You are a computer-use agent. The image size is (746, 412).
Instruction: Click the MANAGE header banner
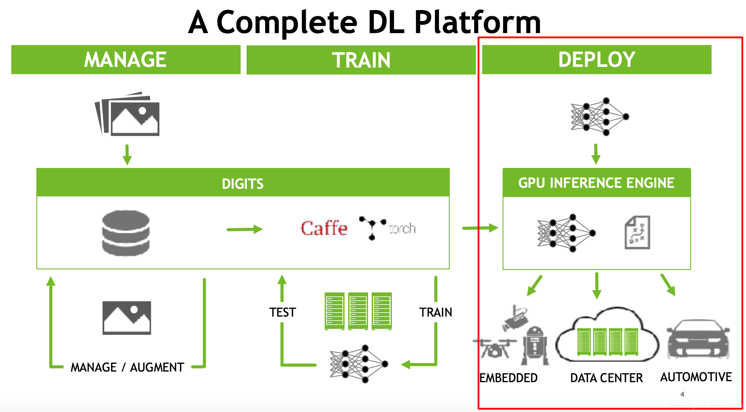click(126, 60)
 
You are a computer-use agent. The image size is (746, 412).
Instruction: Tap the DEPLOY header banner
click(596, 60)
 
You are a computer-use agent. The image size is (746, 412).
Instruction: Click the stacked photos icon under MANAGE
click(127, 114)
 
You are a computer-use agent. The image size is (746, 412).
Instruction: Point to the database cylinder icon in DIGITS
click(126, 233)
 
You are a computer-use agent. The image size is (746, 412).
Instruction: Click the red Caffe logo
click(324, 229)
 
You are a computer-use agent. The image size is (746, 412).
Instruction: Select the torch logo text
click(402, 229)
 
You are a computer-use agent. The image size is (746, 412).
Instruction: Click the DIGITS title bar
click(243, 183)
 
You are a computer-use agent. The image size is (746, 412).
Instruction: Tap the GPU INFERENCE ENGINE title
click(596, 183)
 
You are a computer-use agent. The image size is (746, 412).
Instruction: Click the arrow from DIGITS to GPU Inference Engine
click(480, 228)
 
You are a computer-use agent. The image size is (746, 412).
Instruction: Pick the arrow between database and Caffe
click(245, 229)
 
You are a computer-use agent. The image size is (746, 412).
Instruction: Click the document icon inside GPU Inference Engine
click(637, 232)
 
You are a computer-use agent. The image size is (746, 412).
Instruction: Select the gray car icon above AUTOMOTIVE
click(698, 339)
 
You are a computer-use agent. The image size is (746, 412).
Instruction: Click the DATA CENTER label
click(606, 378)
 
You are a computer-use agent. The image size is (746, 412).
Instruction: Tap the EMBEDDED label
click(508, 378)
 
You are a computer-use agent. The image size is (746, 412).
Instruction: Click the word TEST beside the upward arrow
click(282, 312)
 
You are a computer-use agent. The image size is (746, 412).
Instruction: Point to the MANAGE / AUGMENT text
click(127, 367)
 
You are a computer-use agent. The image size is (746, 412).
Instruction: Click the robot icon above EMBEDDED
click(535, 346)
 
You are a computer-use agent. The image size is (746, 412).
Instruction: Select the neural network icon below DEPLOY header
click(599, 117)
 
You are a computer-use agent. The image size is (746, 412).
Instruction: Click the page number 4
click(682, 394)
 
